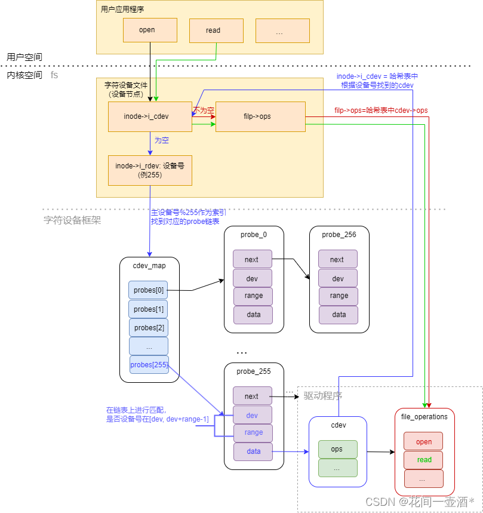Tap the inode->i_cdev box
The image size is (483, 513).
[x=149, y=116]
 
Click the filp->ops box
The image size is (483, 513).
[x=260, y=116]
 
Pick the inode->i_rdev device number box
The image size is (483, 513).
[x=149, y=170]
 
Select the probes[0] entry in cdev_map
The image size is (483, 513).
[x=148, y=290]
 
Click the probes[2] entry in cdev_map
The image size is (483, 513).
[x=148, y=328]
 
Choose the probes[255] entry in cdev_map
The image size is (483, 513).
[x=149, y=364]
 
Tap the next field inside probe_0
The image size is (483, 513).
[x=252, y=259]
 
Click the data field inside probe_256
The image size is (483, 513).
[x=339, y=315]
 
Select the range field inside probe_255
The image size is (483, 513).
[x=253, y=433]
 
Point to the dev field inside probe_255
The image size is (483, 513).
[x=253, y=414]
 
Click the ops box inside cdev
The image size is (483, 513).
[x=337, y=449]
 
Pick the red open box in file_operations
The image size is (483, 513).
[x=423, y=441]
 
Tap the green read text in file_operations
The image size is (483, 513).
[x=424, y=460]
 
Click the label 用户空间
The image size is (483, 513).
[x=24, y=57]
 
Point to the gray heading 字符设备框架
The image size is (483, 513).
[x=72, y=220]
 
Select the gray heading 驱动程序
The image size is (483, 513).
[x=322, y=396]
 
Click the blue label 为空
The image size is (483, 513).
[x=161, y=140]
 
